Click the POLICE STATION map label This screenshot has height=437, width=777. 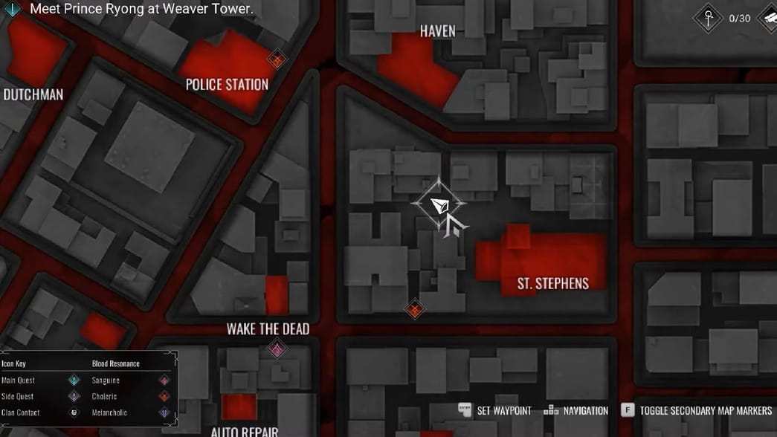click(227, 85)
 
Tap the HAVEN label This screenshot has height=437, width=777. click(437, 31)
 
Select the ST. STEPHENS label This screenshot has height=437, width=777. click(552, 283)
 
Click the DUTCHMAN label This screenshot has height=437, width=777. click(33, 94)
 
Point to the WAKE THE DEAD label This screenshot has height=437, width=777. click(268, 328)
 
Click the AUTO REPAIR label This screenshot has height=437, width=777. click(244, 431)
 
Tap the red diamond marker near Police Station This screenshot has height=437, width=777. click(277, 59)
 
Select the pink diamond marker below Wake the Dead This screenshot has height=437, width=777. click(277, 349)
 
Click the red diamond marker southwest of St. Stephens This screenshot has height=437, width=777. click(415, 309)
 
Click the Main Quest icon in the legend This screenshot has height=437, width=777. click(74, 381)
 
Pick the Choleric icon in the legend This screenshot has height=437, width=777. click(164, 397)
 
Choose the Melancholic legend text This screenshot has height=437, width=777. click(109, 412)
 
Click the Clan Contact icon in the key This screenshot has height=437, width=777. click(74, 412)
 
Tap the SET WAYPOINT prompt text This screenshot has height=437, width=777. click(503, 410)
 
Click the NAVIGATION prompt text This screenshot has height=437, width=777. click(585, 410)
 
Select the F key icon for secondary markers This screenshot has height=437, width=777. click(628, 410)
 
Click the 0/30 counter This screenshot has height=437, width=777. click(739, 19)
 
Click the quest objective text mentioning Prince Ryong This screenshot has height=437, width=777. click(141, 10)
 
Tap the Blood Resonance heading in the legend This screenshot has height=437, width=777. click(116, 364)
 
